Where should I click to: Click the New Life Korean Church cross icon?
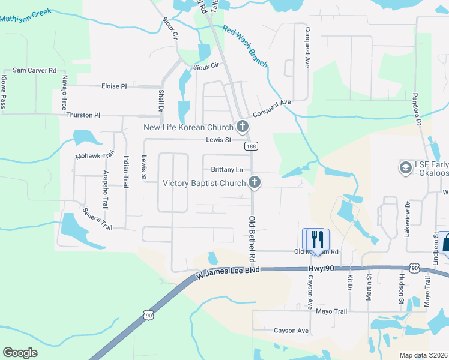pyautogui.click(x=243, y=127)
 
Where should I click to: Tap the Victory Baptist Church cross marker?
pyautogui.click(x=255, y=182)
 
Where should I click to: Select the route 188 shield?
pyautogui.click(x=250, y=146)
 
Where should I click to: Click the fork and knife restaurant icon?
pyautogui.click(x=318, y=238)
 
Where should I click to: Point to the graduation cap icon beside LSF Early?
pyautogui.click(x=405, y=166)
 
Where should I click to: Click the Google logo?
pyautogui.click(x=20, y=353)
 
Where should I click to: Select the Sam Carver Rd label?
pyautogui.click(x=34, y=70)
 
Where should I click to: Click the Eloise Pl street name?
pyautogui.click(x=114, y=86)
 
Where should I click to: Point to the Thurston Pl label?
pyautogui.click(x=83, y=115)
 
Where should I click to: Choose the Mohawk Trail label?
pyautogui.click(x=94, y=156)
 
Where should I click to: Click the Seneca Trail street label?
pyautogui.click(x=97, y=218)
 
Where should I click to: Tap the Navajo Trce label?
pyautogui.click(x=64, y=92)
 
